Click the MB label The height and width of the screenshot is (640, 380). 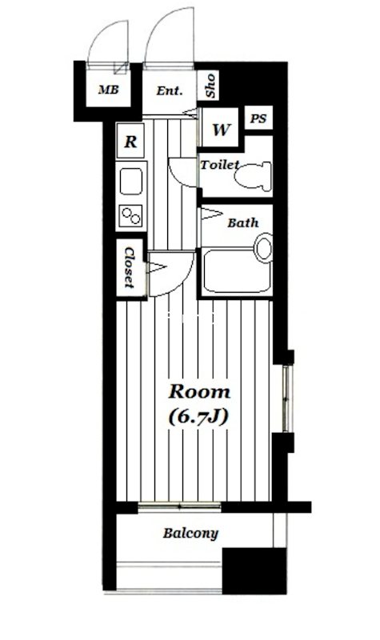click(x=108, y=90)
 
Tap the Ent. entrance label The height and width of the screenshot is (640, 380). click(x=170, y=90)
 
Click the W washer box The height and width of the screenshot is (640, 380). click(x=221, y=129)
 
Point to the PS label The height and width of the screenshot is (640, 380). click(x=258, y=118)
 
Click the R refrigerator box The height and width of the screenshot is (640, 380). click(x=130, y=143)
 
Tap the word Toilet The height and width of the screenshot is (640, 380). click(x=220, y=165)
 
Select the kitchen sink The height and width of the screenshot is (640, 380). click(x=131, y=182)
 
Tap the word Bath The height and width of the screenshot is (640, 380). click(x=242, y=223)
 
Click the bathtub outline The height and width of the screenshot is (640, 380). click(x=235, y=271)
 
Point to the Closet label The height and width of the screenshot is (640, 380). click(x=129, y=268)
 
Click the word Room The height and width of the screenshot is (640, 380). click(x=198, y=392)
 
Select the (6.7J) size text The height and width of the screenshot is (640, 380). click(x=198, y=416)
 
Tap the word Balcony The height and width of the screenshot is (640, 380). click(x=190, y=533)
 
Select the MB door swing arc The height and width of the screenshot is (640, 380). click(x=106, y=40)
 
